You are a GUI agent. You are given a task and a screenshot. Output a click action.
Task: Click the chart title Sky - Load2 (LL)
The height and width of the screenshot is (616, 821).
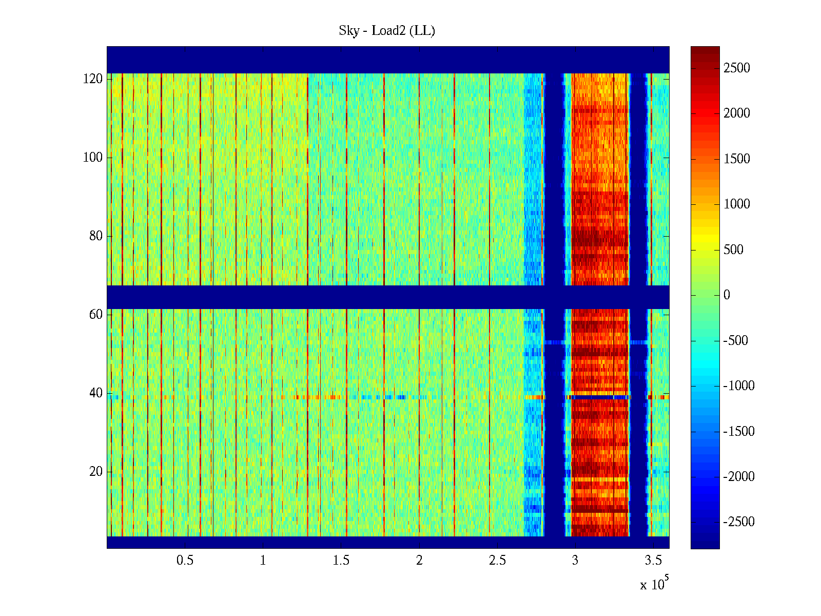coord(387,31)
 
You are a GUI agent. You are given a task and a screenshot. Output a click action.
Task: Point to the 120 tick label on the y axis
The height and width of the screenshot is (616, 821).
coord(93,79)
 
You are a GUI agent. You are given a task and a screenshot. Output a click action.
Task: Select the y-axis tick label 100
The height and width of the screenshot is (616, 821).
coord(93,157)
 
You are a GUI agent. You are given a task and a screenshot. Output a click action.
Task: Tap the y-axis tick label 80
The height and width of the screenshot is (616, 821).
coord(96,236)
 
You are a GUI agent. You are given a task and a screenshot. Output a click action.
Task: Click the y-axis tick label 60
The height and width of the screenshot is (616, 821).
coord(96,314)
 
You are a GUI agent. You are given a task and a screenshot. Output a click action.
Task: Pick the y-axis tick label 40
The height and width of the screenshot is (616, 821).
coord(96,393)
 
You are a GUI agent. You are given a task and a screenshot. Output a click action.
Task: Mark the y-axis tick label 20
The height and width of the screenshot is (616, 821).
coord(96,472)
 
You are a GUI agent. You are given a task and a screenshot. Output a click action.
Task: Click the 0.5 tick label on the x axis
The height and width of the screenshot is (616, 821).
coord(185,561)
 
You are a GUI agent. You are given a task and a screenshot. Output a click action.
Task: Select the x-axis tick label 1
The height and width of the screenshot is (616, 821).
coord(263,561)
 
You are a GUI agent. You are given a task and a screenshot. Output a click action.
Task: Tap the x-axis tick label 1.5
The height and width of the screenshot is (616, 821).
coord(341,561)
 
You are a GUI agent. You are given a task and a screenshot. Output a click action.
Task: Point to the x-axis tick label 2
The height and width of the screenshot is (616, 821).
coord(419,561)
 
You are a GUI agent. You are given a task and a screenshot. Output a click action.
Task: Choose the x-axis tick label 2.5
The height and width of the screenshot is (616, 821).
coord(497,561)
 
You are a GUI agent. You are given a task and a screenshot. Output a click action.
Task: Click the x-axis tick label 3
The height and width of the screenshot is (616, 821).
coord(575,561)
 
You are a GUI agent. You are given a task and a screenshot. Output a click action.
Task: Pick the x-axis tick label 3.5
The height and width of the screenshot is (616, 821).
coord(653,561)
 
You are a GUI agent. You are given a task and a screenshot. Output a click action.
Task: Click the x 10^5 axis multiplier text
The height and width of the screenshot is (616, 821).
coord(654,584)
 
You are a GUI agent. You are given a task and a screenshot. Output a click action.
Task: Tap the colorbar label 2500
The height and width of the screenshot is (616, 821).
coord(736,68)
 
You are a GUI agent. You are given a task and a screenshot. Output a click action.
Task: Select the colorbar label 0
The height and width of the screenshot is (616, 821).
coord(727,295)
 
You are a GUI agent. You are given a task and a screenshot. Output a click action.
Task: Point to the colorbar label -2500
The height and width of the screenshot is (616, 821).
coord(739,522)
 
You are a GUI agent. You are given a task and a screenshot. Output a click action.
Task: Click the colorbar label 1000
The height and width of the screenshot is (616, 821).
coord(736,204)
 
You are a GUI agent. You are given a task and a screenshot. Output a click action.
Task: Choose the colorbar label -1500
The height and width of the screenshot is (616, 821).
coord(739,431)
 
